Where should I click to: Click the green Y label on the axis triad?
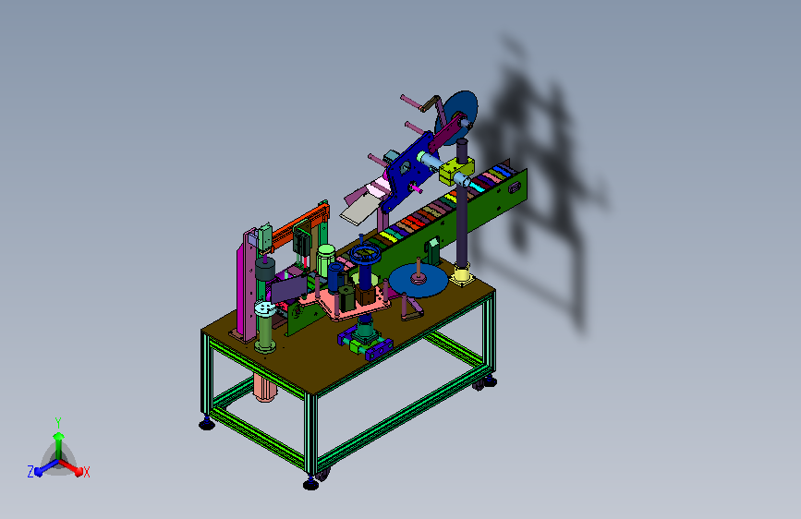(x=58, y=423)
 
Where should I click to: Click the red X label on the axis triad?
(x=86, y=472)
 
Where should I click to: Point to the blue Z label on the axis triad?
(x=30, y=472)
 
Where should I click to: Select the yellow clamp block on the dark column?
(x=456, y=170)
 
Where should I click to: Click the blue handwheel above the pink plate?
(x=366, y=254)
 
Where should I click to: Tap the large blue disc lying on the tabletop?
(x=419, y=281)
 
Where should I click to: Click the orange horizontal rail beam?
(x=298, y=225)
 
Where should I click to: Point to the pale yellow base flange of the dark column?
(x=461, y=277)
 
